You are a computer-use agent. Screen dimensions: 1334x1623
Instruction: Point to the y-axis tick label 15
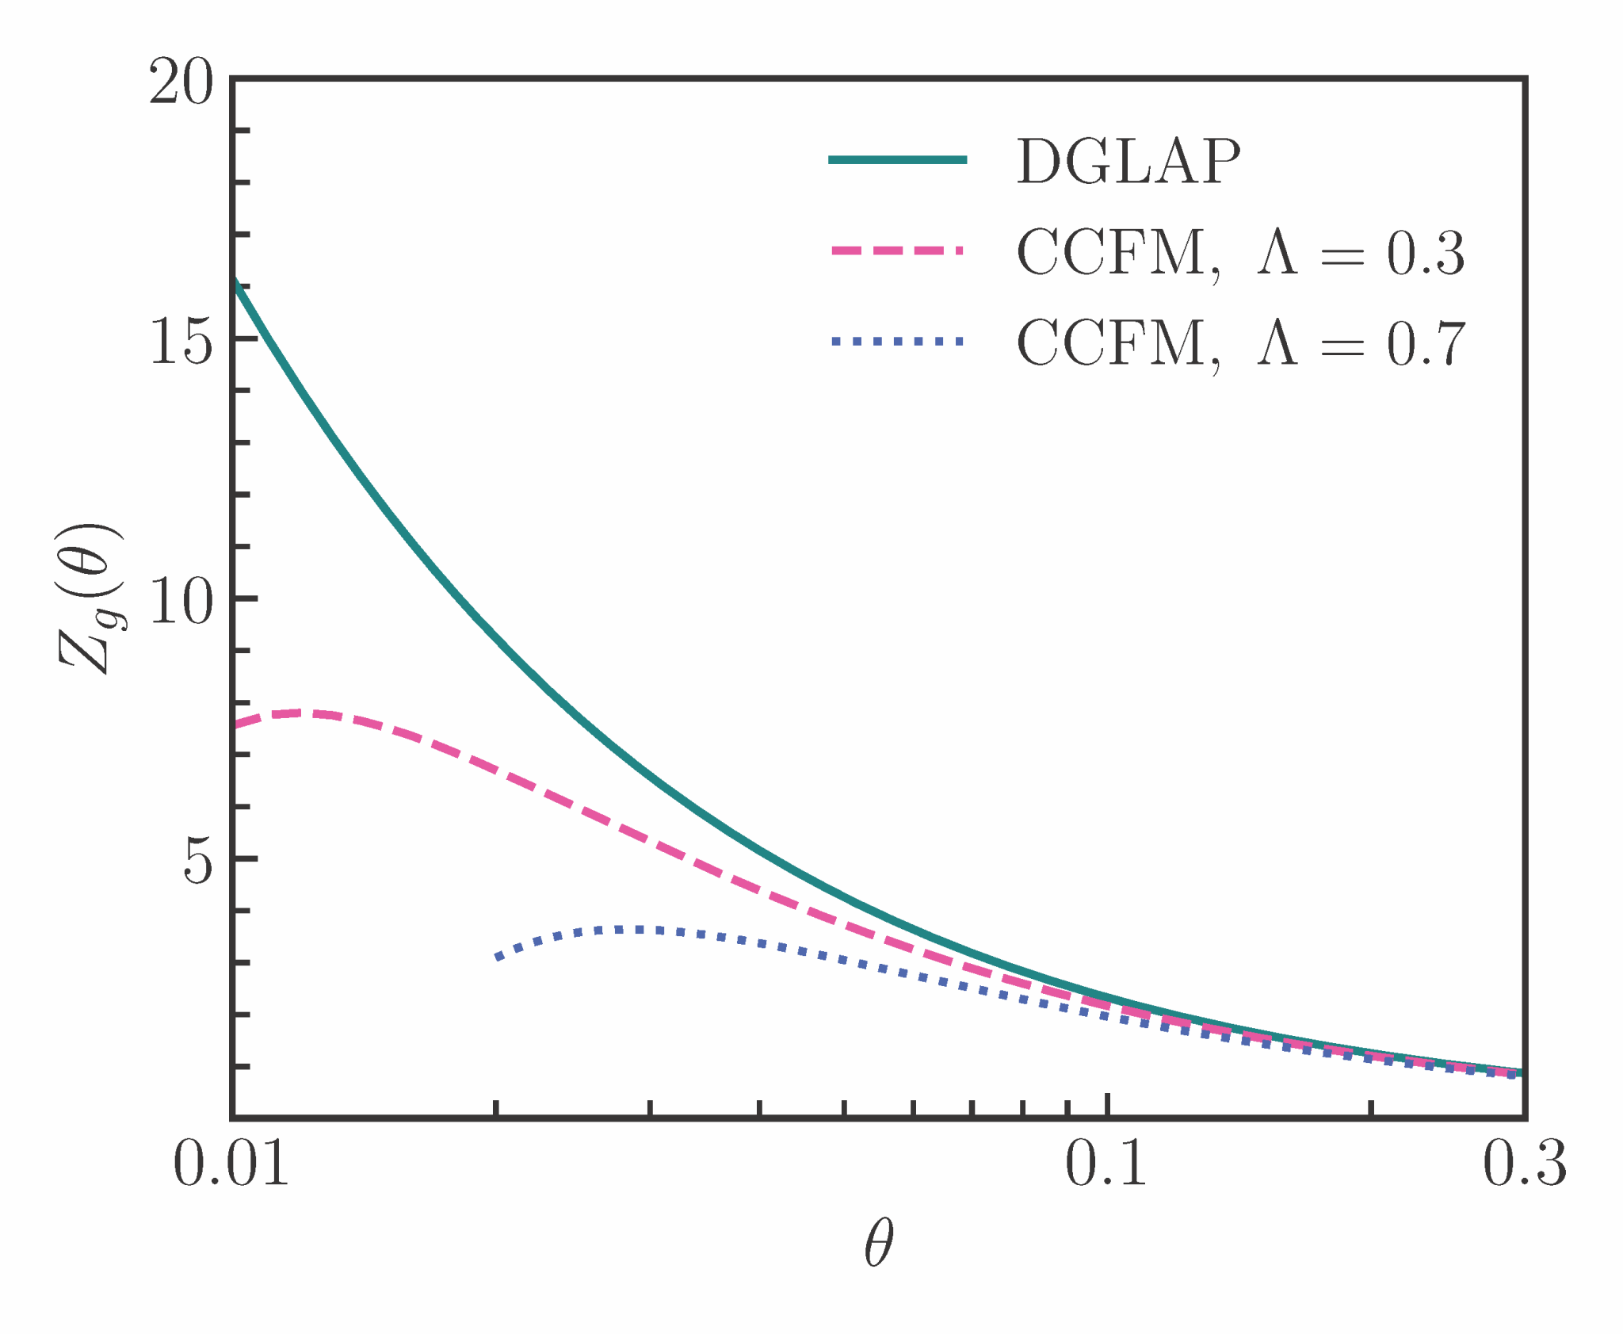tap(181, 342)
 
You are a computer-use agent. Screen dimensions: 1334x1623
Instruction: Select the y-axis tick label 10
tap(181, 602)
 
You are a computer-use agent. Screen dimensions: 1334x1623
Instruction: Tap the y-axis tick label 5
tap(198, 862)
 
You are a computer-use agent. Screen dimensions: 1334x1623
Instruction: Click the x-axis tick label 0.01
tap(231, 1165)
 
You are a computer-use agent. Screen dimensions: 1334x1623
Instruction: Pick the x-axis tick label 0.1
tap(1106, 1165)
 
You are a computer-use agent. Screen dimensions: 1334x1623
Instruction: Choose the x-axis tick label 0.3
tap(1524, 1165)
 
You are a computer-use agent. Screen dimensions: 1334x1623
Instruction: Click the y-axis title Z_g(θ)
tap(91, 598)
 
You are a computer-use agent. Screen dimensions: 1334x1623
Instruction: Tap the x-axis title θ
tap(878, 1243)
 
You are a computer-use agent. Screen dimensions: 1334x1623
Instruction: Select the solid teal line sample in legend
tap(897, 160)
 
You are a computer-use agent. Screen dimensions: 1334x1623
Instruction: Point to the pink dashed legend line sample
tap(897, 251)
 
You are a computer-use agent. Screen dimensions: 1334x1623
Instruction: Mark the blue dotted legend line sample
tap(897, 342)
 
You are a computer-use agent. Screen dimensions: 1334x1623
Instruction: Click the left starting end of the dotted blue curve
tap(498, 957)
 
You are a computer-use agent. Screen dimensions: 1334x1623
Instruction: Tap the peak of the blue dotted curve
tap(634, 929)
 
